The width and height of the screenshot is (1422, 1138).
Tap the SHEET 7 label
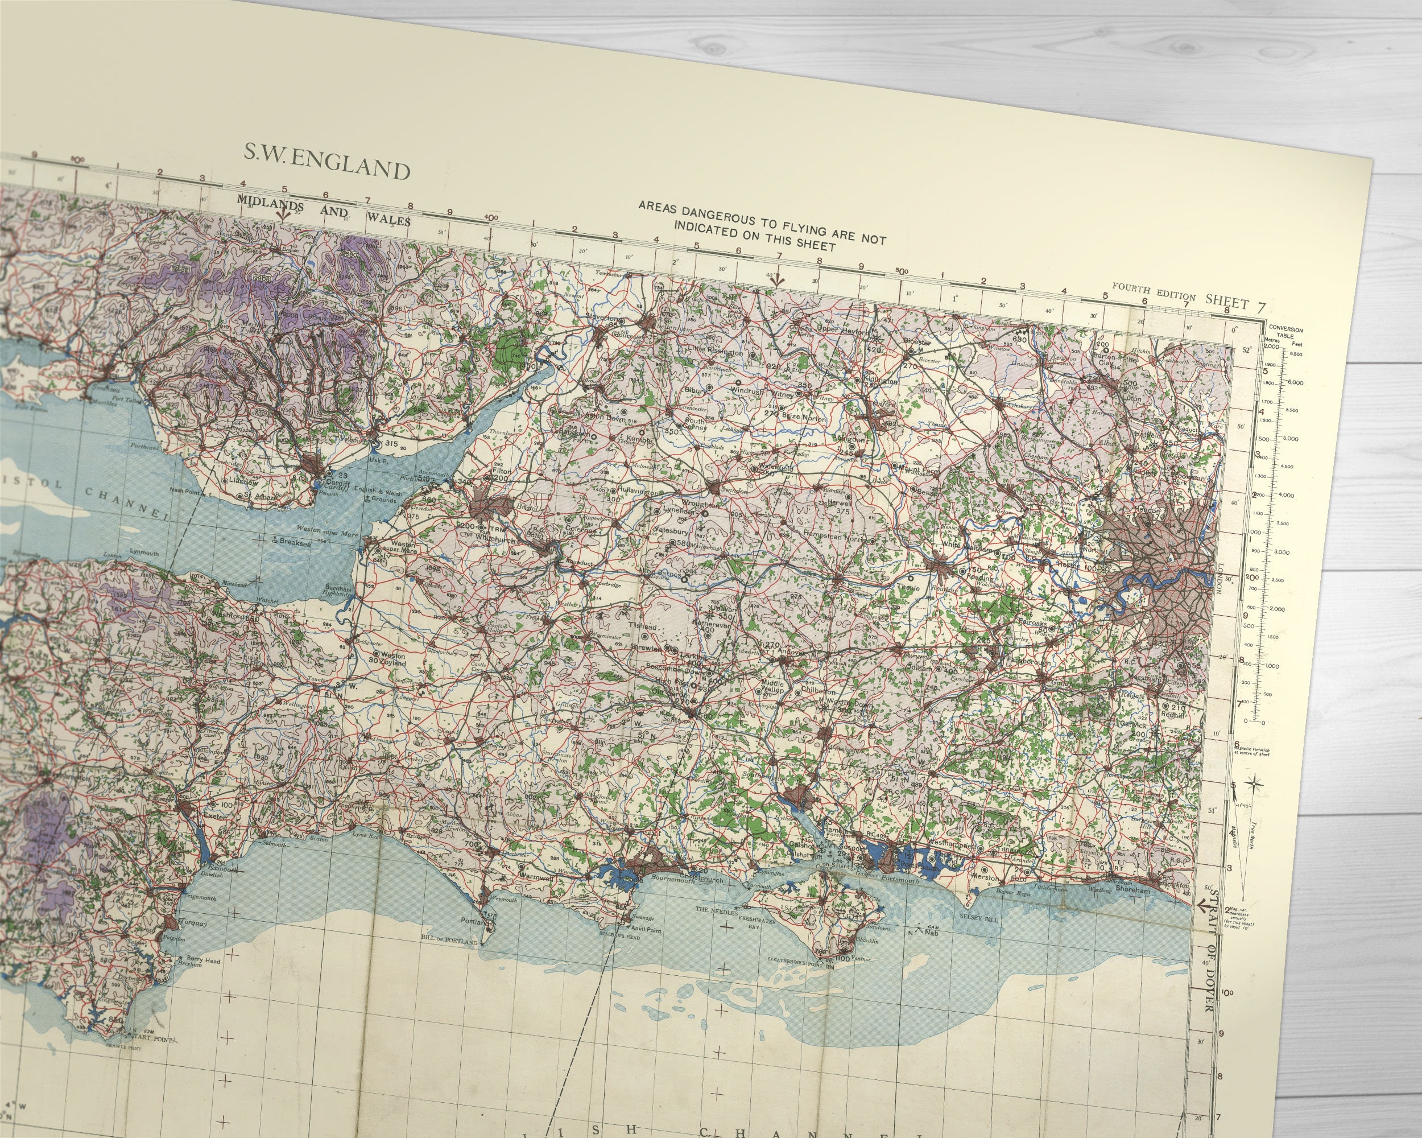tap(1235, 303)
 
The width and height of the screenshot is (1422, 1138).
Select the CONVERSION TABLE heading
tap(1285, 332)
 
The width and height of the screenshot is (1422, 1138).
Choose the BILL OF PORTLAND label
tap(451, 939)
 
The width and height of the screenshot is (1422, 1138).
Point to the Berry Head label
tap(203, 959)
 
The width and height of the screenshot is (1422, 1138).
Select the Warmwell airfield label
tap(536, 877)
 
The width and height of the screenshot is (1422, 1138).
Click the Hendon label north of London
tap(1148, 510)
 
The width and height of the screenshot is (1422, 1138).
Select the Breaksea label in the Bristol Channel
tap(294, 543)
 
